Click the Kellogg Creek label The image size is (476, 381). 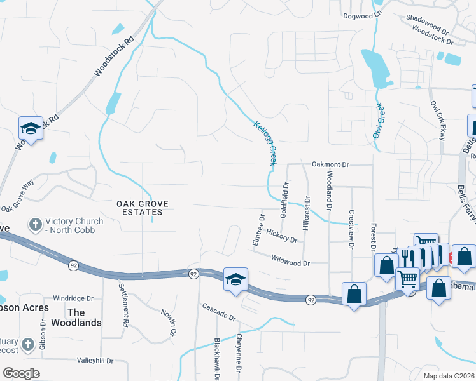pos(265,144)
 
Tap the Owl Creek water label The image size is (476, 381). pos(380,120)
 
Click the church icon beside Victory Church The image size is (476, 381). pos(36,225)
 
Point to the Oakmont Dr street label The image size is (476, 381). pos(330,164)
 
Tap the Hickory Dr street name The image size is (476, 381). pos(282,236)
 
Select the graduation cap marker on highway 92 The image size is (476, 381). pos(235,280)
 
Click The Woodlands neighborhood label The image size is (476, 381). pos(85,317)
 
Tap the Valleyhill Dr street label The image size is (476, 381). pos(94,360)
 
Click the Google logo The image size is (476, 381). pos(20,373)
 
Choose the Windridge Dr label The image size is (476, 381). pos(73,298)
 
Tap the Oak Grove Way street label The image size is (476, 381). pos(17,196)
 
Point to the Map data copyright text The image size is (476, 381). pos(449,376)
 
